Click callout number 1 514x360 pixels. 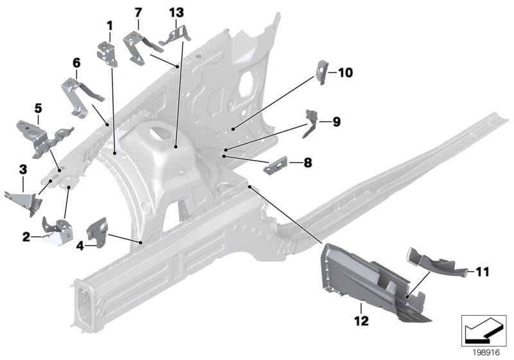[x=110, y=26]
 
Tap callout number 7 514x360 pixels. [x=137, y=12]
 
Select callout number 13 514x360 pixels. [x=176, y=12]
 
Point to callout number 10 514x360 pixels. [x=345, y=73]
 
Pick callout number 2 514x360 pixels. [x=26, y=237]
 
